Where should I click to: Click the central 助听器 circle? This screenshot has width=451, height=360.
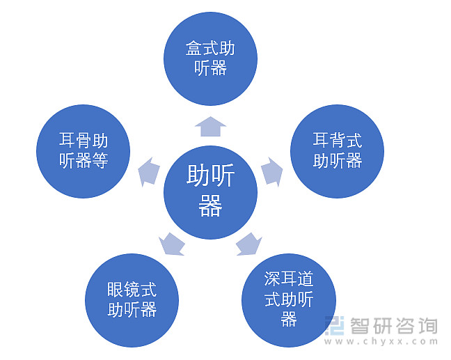coord(210,192)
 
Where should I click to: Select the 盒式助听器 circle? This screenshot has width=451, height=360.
coord(210,58)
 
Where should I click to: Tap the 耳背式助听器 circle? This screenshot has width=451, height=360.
coord(337,151)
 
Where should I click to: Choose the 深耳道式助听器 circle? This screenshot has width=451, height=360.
coord(289,300)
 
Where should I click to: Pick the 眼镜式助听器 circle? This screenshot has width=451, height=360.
coord(132,300)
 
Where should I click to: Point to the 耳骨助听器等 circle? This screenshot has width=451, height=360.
coord(83,151)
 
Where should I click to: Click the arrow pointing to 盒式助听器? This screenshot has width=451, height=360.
coord(210,127)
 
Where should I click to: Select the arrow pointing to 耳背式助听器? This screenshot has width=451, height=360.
coord(272,171)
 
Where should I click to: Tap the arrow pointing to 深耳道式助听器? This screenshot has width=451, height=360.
coord(248,244)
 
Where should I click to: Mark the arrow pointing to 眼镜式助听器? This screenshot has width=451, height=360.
coord(172,244)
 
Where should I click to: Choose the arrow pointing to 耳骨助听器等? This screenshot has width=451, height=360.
coord(149,172)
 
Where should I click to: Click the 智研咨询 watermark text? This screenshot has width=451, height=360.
coord(393,326)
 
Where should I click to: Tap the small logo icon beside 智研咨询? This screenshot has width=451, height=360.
coord(335,325)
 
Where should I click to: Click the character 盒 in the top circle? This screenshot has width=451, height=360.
coord(193,48)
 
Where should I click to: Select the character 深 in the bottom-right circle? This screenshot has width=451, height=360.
coord(272,279)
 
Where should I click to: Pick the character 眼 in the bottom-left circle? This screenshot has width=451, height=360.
coord(116,290)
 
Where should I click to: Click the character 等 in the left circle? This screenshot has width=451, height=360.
coord(100,161)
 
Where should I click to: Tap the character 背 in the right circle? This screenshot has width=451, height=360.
coord(338,140)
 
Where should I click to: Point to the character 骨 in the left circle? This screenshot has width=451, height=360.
coord(84,140)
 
